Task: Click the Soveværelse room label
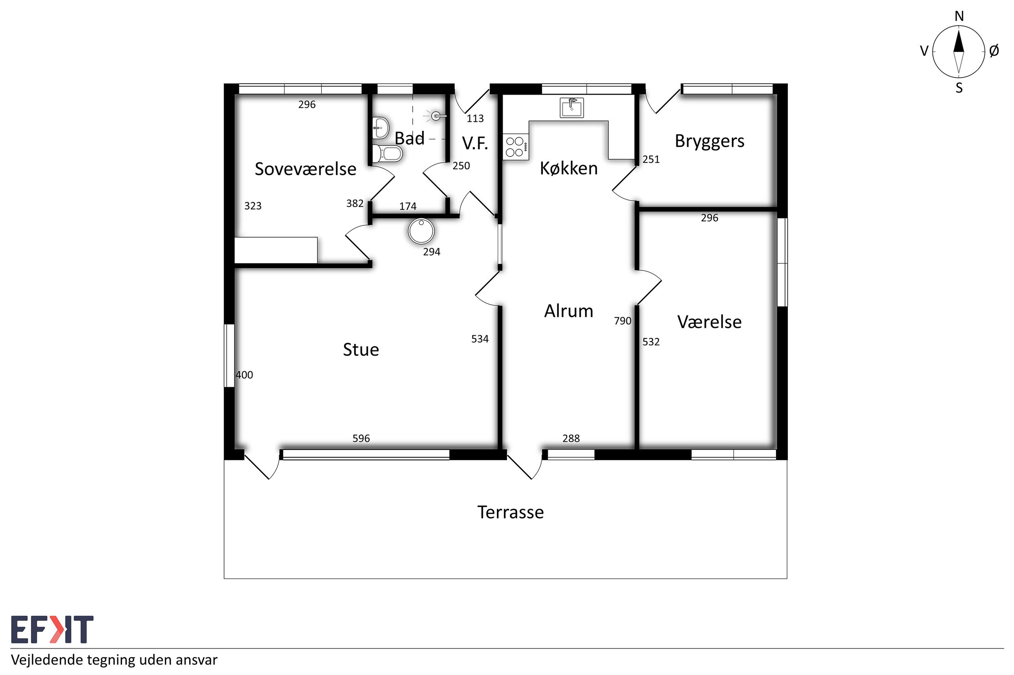point(305,169)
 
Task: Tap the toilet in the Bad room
point(387,153)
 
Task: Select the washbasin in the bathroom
point(381,127)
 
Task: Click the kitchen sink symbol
point(572,108)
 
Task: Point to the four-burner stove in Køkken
point(516,146)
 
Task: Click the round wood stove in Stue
point(421,231)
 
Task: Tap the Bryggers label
point(709,142)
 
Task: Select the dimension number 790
point(622,321)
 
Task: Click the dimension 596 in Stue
point(361,438)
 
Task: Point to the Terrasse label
point(510,512)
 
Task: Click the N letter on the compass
point(959,16)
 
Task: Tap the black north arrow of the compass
point(958,41)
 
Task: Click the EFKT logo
point(52,629)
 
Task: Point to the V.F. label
point(475,143)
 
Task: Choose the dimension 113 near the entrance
point(475,118)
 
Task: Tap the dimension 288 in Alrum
point(571,438)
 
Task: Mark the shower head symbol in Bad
point(436,115)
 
